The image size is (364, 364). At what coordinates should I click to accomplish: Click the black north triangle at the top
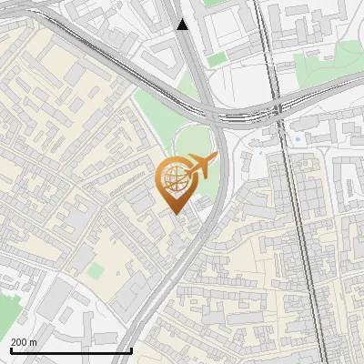tap(183, 24)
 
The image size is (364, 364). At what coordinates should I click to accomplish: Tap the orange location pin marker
tap(177, 182)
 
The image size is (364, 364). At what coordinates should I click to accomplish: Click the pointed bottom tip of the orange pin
tap(177, 213)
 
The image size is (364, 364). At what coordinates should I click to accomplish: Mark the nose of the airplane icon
tap(215, 159)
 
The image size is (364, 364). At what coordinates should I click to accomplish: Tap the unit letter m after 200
tap(34, 342)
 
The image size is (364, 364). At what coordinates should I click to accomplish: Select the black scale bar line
tap(71, 350)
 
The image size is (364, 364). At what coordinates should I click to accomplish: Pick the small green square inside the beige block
tap(97, 271)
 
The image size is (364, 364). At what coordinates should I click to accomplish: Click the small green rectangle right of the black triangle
tap(216, 60)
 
